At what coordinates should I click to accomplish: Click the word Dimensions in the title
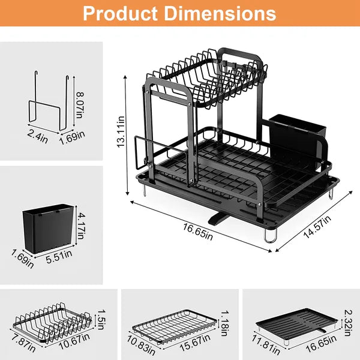point(222,13)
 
